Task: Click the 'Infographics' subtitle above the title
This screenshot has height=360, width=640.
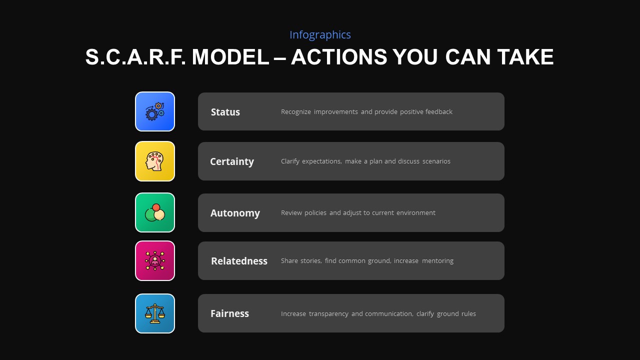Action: coord(320,35)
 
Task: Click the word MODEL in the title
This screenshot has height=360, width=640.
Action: coord(230,57)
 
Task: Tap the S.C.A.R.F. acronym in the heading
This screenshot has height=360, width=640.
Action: coord(135,57)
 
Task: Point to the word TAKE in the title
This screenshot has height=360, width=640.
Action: coord(525,57)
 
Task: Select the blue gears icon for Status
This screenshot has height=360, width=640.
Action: coord(155,111)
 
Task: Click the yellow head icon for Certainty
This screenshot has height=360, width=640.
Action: coord(155,161)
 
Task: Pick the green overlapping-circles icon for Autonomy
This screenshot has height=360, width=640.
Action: coord(155,212)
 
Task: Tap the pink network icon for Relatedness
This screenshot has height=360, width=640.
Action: coord(155,260)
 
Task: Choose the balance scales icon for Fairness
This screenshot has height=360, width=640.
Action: coord(155,313)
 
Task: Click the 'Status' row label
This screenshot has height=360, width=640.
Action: coord(225,112)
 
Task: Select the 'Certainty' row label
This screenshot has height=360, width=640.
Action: coord(232,161)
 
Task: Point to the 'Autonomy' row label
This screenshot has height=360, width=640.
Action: coord(235,213)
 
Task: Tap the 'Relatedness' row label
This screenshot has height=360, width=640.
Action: coord(239,261)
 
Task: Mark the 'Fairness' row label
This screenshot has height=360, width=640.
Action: coord(229,313)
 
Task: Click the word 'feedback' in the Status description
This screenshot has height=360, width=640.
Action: coord(438,112)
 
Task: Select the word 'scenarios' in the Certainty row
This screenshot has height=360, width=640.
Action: coord(436,161)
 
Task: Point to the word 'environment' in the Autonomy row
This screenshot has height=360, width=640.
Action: coord(415,213)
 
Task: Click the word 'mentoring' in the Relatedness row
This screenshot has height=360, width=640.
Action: coord(437,261)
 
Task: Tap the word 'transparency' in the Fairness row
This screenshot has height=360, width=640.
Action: coord(328,314)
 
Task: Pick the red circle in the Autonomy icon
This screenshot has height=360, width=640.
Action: coord(156,207)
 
